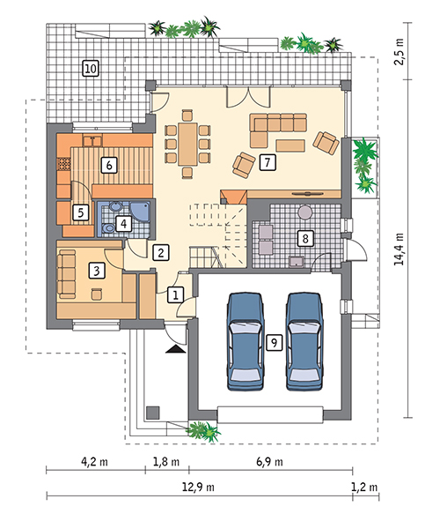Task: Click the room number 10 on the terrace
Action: tap(91, 69)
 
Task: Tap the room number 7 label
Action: tap(268, 162)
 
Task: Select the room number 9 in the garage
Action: tap(275, 342)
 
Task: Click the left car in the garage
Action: tap(246, 341)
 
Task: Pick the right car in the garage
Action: tap(304, 341)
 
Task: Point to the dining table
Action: tap(187, 144)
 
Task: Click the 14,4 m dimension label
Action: tap(400, 249)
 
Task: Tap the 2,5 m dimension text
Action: tap(400, 51)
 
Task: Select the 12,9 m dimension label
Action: tap(198, 488)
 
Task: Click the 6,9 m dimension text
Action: tap(269, 462)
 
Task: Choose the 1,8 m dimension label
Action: tap(166, 462)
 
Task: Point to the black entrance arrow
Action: tap(176, 349)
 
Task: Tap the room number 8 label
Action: tap(305, 238)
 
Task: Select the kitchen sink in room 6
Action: tap(92, 141)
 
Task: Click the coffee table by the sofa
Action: tap(290, 145)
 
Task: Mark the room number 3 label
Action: tap(97, 271)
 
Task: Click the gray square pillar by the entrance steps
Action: tap(153, 413)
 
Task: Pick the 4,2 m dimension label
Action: tap(94, 462)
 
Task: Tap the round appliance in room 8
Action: tap(305, 212)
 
